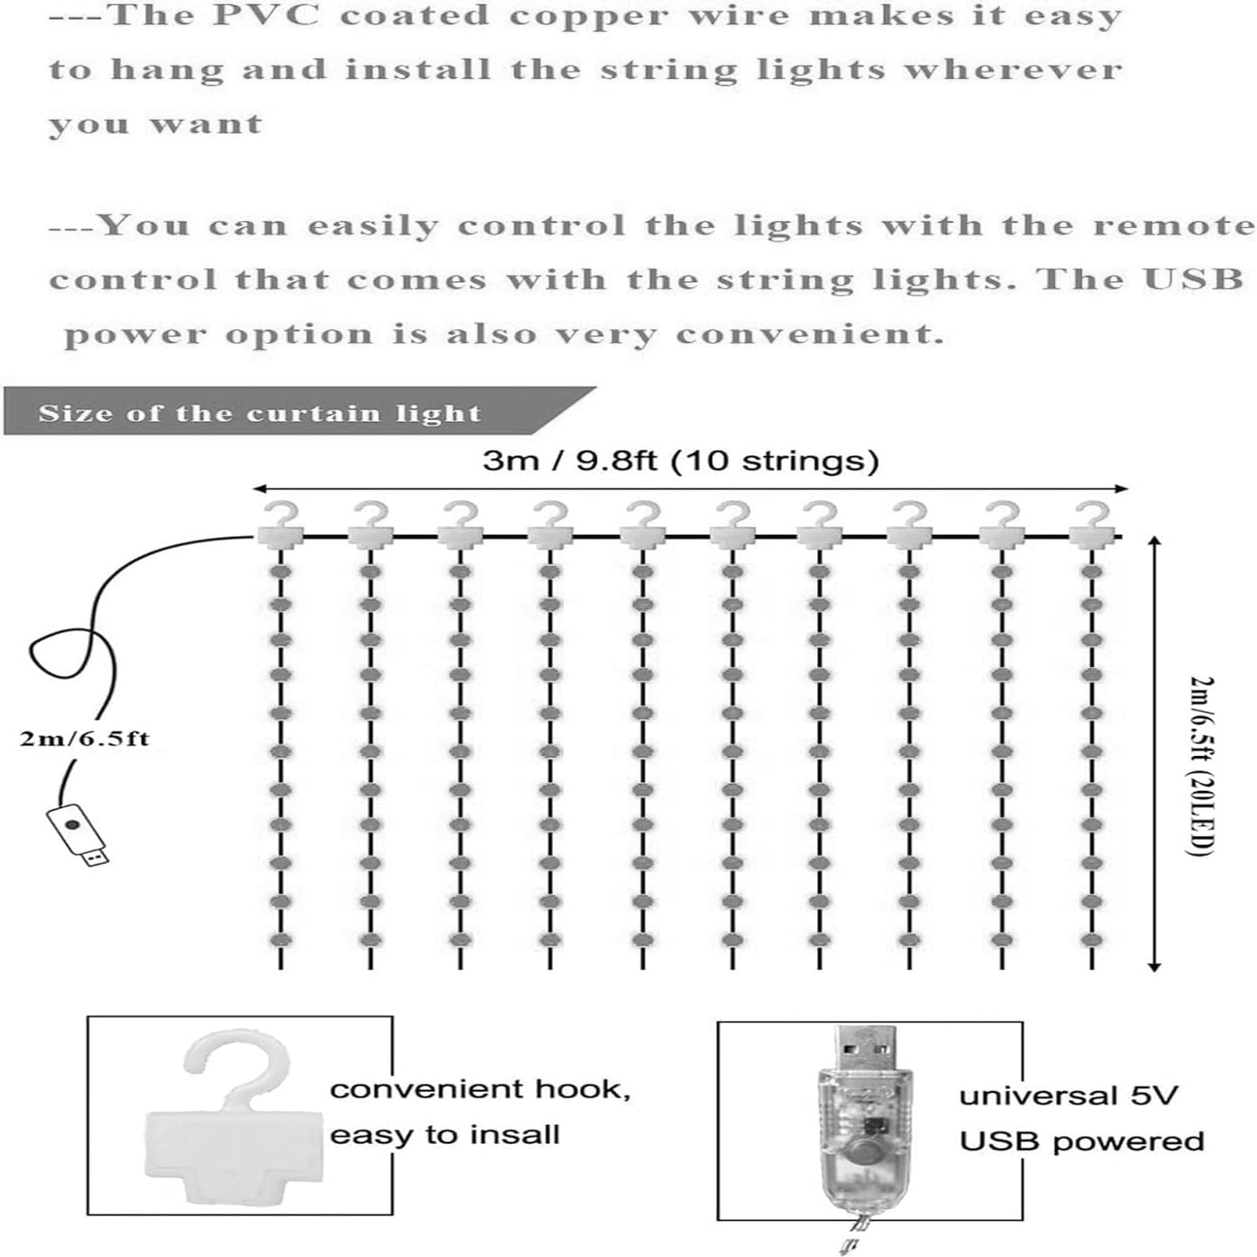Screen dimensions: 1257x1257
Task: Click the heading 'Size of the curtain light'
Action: pos(260,414)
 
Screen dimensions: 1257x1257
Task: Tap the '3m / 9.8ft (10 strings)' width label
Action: pos(680,461)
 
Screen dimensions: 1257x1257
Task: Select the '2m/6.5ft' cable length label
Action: pos(84,739)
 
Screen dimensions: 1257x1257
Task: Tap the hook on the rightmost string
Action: pos(1092,525)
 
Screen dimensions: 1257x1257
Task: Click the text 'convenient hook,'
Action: pos(480,1089)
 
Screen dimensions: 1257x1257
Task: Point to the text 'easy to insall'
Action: pos(444,1135)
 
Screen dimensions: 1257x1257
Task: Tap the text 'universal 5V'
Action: pos(1068,1095)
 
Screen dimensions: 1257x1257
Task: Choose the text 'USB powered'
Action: pos(1081,1141)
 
